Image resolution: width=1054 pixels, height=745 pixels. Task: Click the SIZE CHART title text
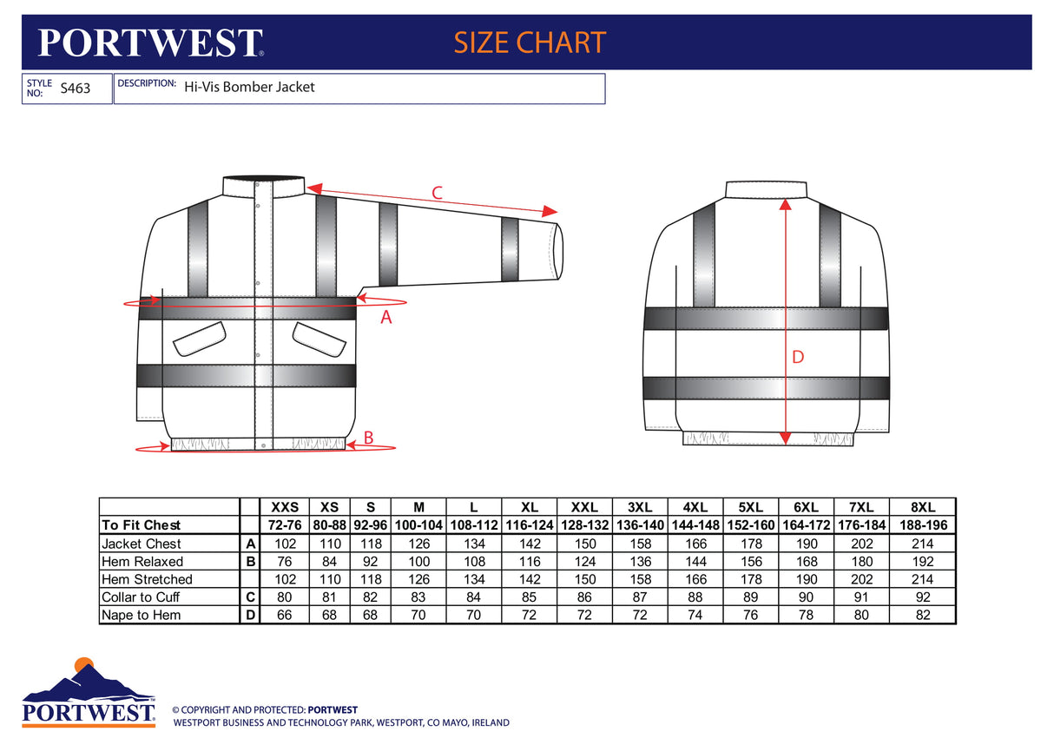click(x=530, y=43)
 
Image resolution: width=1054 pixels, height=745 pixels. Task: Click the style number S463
click(x=76, y=88)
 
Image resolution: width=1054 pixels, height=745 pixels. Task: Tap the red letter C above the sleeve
click(x=437, y=193)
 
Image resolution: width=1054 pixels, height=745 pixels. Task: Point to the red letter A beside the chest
click(x=387, y=318)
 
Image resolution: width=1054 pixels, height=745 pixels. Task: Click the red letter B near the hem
click(x=368, y=438)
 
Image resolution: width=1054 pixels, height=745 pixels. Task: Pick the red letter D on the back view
click(x=798, y=357)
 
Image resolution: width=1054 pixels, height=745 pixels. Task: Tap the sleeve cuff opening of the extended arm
click(x=558, y=251)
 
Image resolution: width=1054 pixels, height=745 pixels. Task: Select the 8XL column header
click(x=923, y=507)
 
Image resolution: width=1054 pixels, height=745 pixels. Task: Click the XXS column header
click(x=285, y=507)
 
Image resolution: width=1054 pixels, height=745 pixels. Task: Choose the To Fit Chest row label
click(x=141, y=525)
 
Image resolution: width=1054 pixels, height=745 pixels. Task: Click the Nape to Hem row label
click(x=141, y=616)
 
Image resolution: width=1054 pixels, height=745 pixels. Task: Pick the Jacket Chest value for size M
click(x=418, y=544)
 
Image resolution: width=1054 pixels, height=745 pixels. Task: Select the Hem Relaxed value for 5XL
click(x=751, y=562)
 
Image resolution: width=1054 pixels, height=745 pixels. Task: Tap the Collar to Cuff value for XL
click(x=530, y=597)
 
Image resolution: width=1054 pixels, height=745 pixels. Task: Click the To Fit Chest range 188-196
click(x=923, y=525)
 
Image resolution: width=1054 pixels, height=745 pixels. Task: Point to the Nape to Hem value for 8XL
click(x=923, y=616)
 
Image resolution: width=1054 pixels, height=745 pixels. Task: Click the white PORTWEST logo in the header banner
click(x=149, y=43)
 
